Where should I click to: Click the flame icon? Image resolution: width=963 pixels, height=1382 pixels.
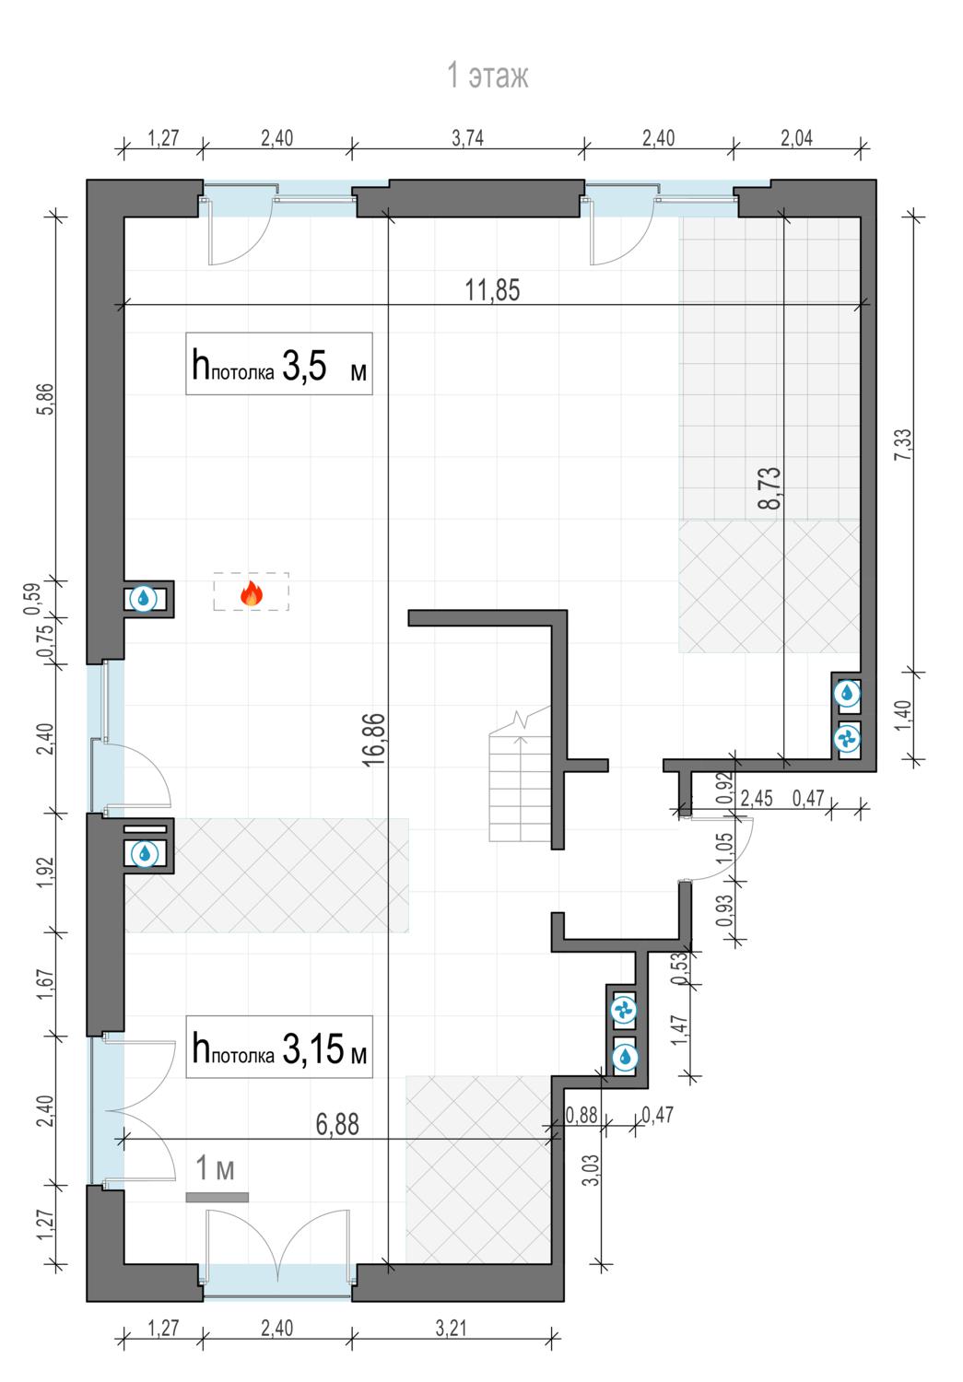[251, 593]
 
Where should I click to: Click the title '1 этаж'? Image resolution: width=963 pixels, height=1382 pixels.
[487, 76]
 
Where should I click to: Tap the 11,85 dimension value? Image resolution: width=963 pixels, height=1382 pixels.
[492, 290]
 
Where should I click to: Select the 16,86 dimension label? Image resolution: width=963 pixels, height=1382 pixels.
[373, 740]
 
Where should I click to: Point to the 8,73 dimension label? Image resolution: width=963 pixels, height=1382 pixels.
[769, 488]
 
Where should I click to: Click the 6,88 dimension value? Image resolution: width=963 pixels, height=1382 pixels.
[337, 1124]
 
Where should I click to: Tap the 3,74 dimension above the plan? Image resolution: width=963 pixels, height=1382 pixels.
[467, 138]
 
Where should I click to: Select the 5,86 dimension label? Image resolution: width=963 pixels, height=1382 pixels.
[46, 399]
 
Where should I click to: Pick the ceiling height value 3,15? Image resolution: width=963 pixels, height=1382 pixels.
[312, 1048]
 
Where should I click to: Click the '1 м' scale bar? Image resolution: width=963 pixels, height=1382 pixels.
[217, 1197]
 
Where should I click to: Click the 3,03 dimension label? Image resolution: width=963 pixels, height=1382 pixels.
[591, 1170]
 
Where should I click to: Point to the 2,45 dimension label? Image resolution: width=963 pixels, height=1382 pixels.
[757, 799]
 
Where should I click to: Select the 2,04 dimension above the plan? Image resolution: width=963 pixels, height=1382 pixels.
[797, 138]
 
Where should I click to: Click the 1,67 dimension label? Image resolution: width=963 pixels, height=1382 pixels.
[46, 985]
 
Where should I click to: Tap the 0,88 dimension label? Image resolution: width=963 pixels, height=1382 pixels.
[581, 1115]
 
